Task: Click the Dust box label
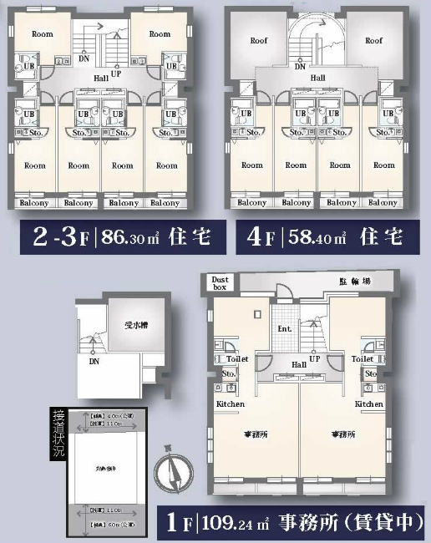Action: pos(221,284)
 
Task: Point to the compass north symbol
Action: pos(177,475)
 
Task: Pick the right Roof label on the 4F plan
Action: pos(373,40)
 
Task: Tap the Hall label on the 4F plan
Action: pos(317,77)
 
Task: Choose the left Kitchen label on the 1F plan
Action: pos(231,403)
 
